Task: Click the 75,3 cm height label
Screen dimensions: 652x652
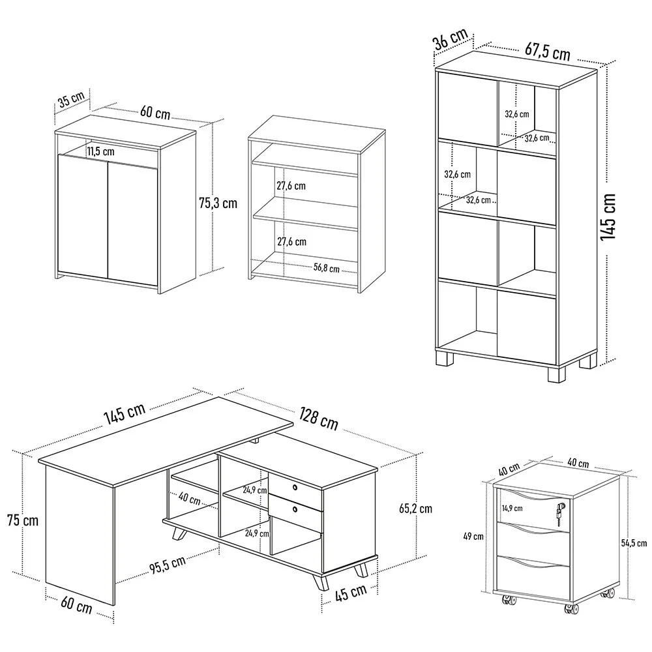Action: click(218, 203)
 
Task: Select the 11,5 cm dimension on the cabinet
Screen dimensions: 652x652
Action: click(100, 151)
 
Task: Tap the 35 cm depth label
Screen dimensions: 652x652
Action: click(71, 102)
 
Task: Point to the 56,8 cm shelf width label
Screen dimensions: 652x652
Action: click(326, 268)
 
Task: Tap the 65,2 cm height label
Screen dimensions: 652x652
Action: click(414, 508)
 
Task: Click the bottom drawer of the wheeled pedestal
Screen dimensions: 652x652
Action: click(533, 570)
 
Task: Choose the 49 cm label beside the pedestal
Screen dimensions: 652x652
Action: click(473, 537)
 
